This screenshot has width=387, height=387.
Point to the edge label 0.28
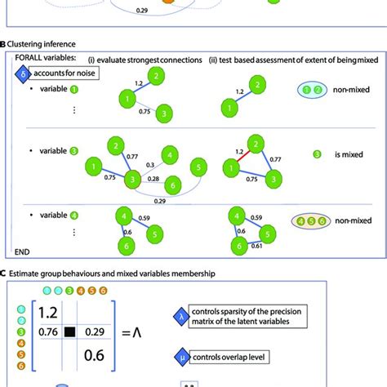coord(153,177)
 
